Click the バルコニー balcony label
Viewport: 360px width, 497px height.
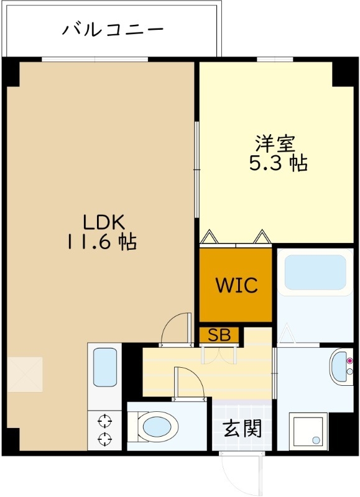tap(113, 29)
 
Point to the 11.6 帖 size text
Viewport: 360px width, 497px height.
tap(103, 242)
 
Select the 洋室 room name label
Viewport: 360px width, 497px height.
tap(274, 144)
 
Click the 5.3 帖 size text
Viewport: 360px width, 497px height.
tap(278, 164)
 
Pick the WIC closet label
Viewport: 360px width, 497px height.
tap(236, 285)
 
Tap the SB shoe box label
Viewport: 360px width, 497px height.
tap(219, 335)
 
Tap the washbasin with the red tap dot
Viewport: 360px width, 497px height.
tap(341, 368)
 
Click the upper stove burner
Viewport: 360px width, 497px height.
tap(104, 419)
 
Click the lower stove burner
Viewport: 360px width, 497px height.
tap(104, 439)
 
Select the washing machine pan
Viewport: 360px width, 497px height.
tap(307, 431)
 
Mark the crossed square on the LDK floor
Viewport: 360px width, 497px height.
tap(25, 374)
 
